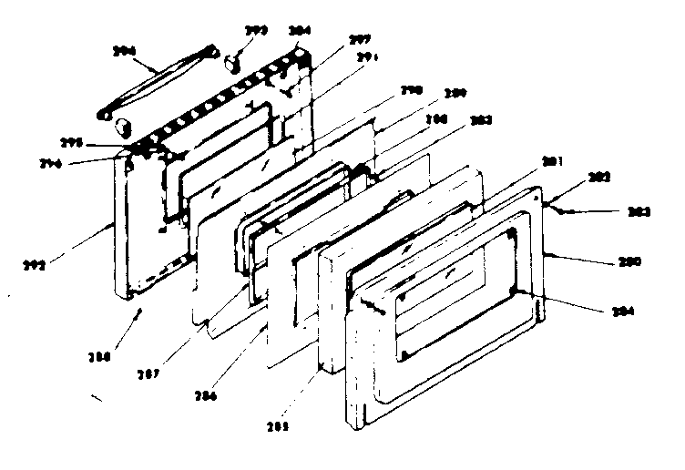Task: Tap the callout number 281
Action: (x=549, y=162)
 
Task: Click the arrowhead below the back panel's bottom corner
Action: (x=138, y=312)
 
